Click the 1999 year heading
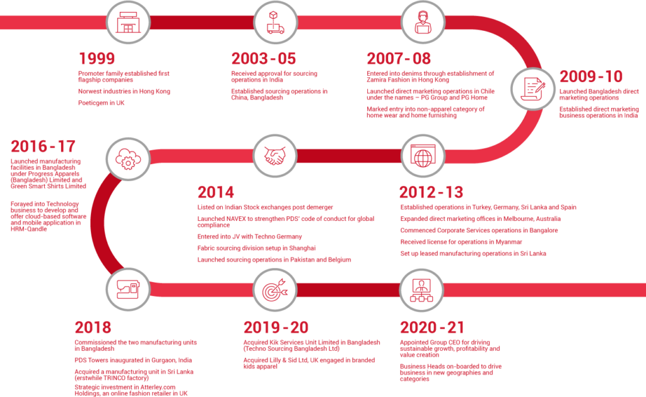click(97, 59)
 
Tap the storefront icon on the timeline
click(128, 22)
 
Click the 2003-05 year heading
click(264, 59)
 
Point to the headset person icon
click(423, 22)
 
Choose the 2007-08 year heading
click(399, 59)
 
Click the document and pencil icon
click(533, 88)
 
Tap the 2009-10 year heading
click(590, 76)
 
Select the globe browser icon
click(423, 156)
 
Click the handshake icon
click(275, 156)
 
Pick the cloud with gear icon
click(128, 159)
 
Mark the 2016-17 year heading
click(43, 146)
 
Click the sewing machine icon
click(128, 289)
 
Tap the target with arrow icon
click(275, 290)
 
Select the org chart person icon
click(421, 290)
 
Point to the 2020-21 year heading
click(432, 328)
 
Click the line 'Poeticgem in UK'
click(102, 103)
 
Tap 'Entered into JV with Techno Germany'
click(250, 237)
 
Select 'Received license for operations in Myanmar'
click(461, 242)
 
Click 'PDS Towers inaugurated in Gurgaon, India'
click(133, 360)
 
